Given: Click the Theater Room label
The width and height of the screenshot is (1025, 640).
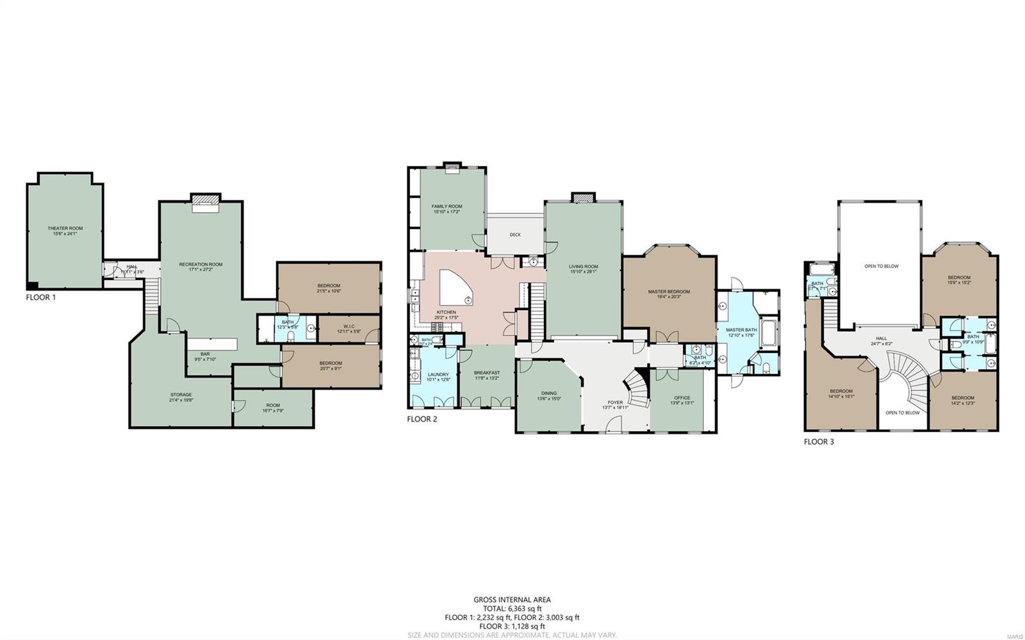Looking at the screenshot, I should (x=65, y=228).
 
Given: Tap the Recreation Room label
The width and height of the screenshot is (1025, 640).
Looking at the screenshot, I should (x=201, y=264).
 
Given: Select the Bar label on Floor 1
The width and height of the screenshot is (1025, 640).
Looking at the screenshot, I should (x=205, y=354).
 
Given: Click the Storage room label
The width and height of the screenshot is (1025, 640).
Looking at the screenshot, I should (x=181, y=395).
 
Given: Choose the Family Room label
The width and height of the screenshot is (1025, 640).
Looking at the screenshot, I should (x=447, y=206).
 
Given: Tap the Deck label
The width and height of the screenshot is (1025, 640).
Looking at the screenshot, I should (x=515, y=234).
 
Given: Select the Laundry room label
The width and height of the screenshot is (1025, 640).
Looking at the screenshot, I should (x=439, y=374).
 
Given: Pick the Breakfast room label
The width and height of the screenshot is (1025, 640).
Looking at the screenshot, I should (x=486, y=373).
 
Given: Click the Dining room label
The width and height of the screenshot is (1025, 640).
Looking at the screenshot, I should (x=548, y=393).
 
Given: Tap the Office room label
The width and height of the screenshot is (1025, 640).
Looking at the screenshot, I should (x=682, y=398).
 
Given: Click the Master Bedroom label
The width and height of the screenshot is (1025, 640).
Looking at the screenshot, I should (x=669, y=291).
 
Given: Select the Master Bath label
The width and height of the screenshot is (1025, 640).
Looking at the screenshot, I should (x=741, y=330).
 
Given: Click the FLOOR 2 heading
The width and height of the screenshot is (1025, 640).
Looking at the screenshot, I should (x=422, y=419).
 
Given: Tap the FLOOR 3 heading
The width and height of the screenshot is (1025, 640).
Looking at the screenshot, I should (x=819, y=441).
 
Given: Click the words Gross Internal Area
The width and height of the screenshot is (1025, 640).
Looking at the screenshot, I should (x=512, y=600).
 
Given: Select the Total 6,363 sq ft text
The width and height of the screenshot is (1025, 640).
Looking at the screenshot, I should (x=512, y=609).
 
